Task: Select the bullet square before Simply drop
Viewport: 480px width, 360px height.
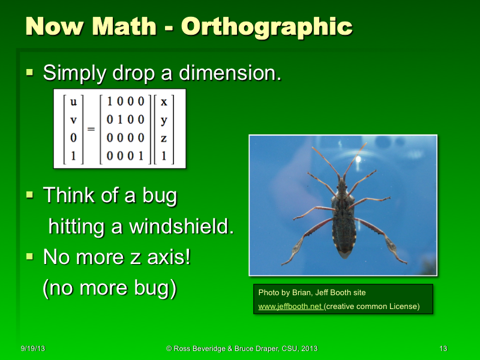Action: pyautogui.click(x=30, y=73)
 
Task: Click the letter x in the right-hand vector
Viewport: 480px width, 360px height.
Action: pyautogui.click(x=164, y=102)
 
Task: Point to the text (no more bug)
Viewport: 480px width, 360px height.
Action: pyautogui.click(x=109, y=288)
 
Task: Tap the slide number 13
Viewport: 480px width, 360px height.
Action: pyautogui.click(x=443, y=349)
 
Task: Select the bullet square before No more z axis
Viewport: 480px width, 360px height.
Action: pyautogui.click(x=30, y=257)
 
